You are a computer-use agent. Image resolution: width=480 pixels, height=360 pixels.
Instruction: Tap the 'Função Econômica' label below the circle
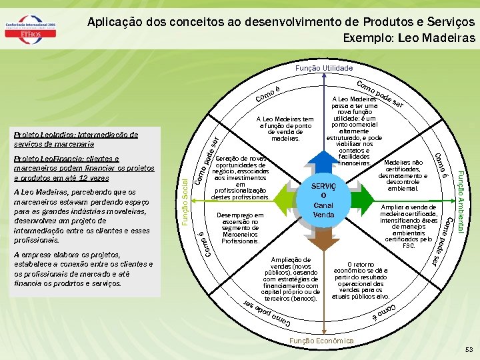[x=321, y=341]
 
